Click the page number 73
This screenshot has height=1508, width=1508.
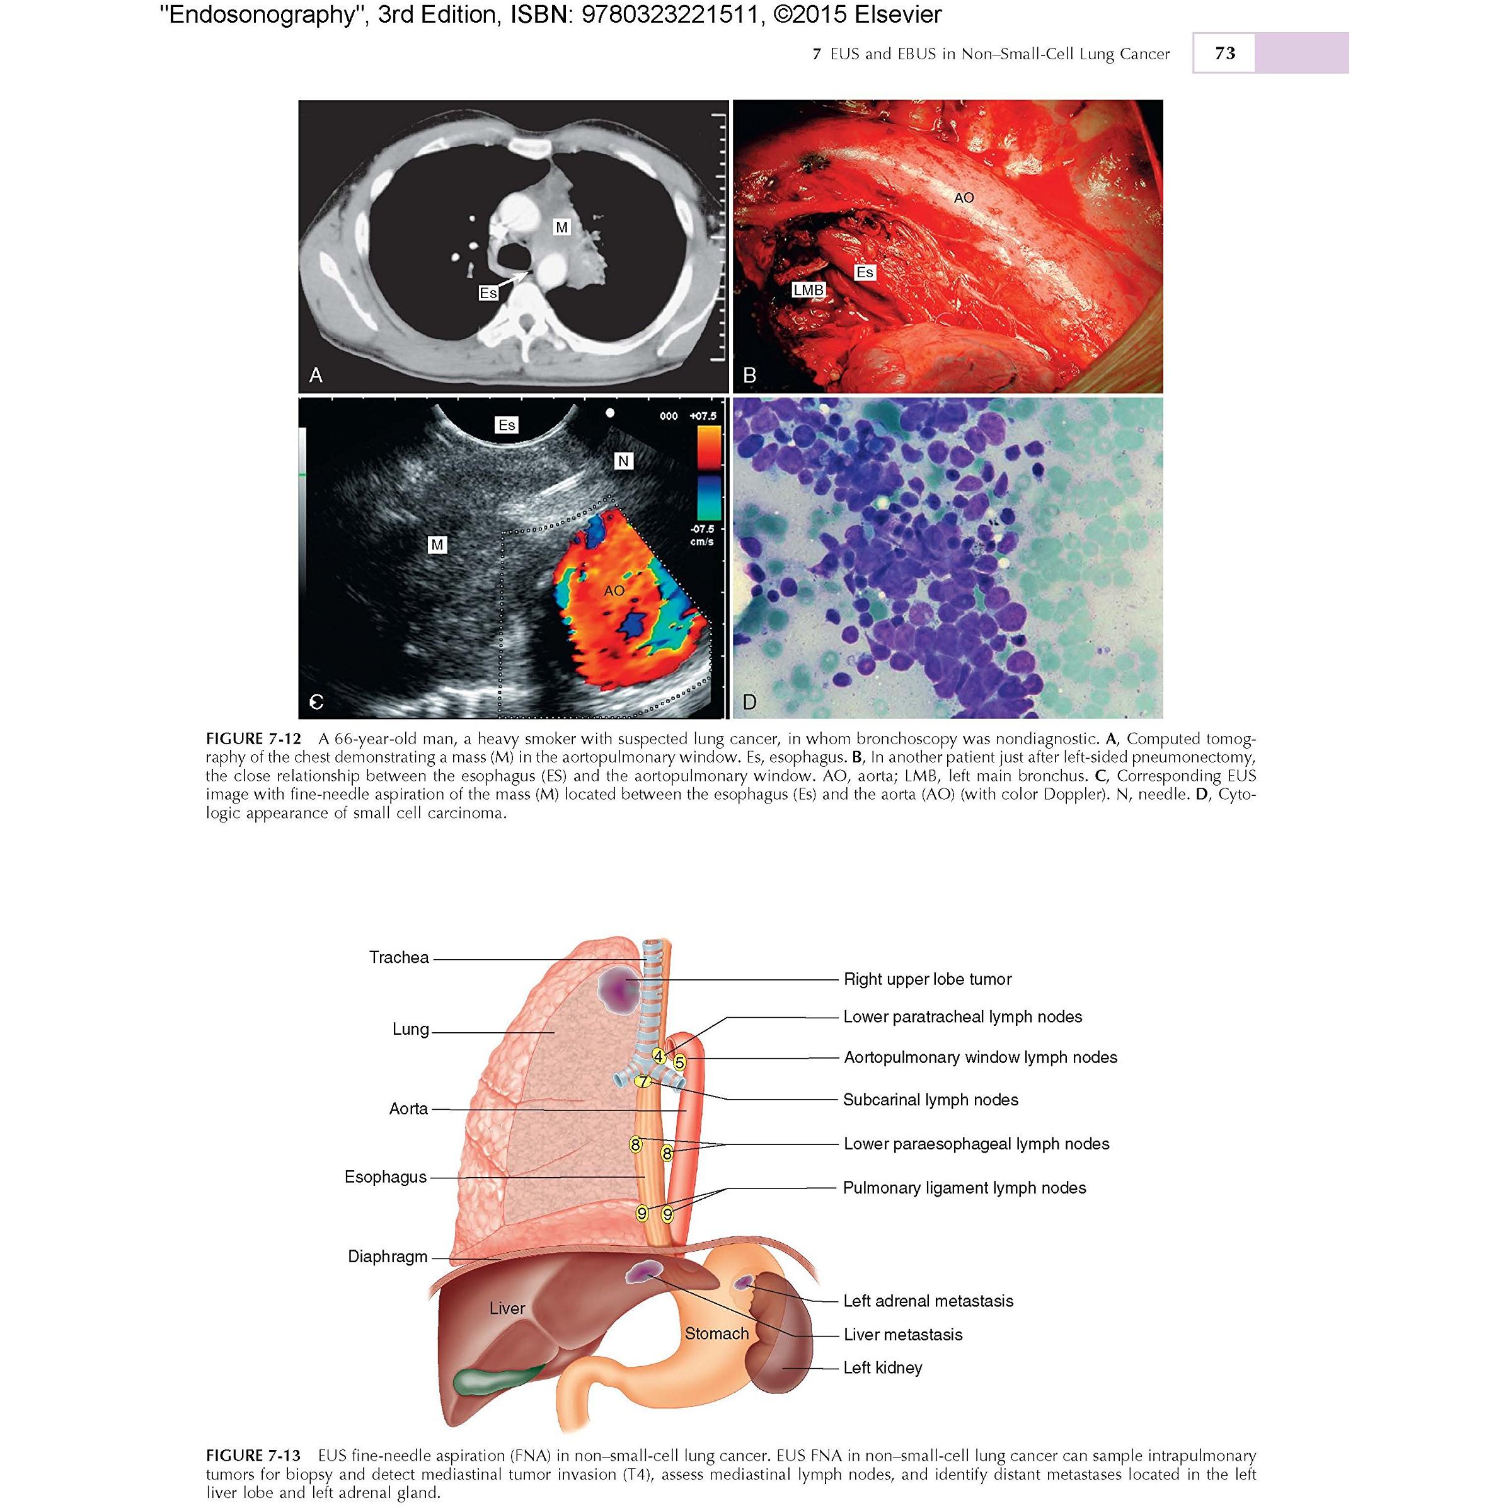(x=1224, y=53)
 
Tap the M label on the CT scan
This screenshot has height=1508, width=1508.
(x=561, y=227)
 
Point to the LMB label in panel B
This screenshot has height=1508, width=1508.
(x=808, y=290)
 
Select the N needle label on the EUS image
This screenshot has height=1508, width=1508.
(x=623, y=461)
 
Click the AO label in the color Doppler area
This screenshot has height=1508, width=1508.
(x=614, y=591)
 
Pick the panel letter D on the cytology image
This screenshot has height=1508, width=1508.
(x=749, y=702)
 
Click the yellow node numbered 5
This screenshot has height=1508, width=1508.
(x=680, y=1062)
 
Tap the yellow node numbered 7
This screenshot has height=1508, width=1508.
(x=642, y=1082)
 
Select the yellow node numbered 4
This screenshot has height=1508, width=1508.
(x=660, y=1056)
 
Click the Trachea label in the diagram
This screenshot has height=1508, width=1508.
(x=399, y=958)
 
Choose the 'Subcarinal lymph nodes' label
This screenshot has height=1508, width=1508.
(x=930, y=1100)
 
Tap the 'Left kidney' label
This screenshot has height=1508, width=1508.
(x=883, y=1367)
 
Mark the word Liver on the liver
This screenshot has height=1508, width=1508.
(x=507, y=1308)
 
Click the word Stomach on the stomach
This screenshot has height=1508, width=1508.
(x=717, y=1333)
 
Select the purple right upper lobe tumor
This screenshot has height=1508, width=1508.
(x=618, y=989)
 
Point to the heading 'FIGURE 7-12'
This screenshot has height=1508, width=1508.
(x=253, y=739)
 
